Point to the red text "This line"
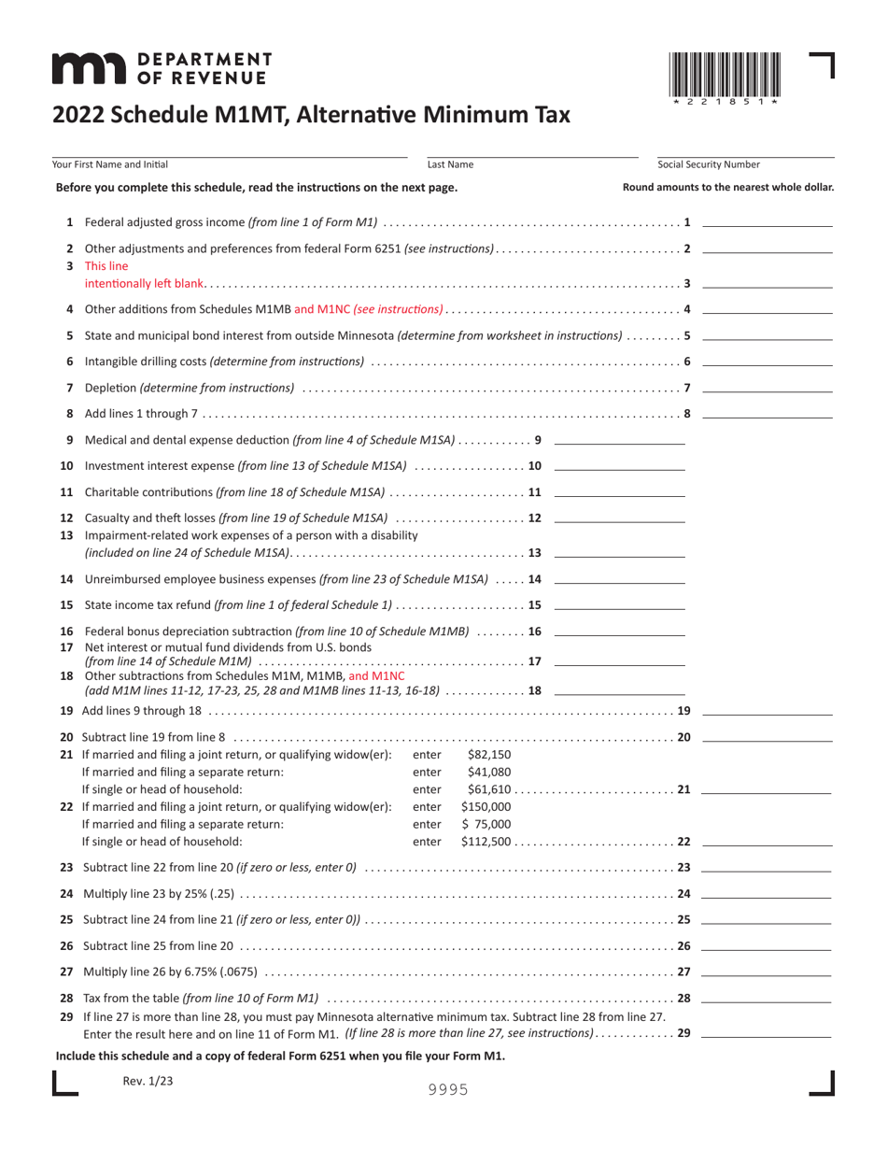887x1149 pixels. [105, 265]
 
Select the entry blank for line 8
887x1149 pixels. [767, 414]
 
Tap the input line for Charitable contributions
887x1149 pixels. [619, 492]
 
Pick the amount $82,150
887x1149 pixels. [488, 755]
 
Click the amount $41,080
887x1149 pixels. [488, 773]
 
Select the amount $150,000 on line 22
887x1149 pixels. [486, 807]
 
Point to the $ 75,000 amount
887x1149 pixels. [486, 824]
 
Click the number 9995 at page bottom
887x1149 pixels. [448, 1089]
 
